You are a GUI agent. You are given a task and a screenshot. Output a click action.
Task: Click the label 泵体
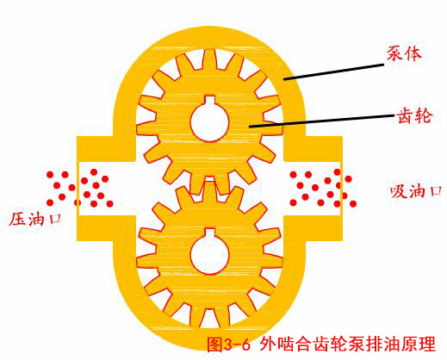pyautogui.click(x=404, y=53)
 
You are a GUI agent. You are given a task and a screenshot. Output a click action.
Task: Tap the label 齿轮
pyautogui.click(x=414, y=116)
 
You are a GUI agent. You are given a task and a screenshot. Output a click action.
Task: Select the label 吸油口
pyautogui.click(x=416, y=191)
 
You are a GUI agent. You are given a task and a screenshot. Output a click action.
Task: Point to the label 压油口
pyautogui.click(x=35, y=220)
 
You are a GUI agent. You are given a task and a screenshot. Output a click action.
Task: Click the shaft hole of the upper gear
pyautogui.click(x=209, y=121)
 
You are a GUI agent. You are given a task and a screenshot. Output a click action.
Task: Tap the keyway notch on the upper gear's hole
pyautogui.click(x=210, y=100)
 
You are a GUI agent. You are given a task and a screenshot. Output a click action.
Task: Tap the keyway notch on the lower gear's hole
pyautogui.click(x=210, y=233)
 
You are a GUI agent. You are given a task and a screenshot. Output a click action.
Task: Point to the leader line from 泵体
pyautogui.click(x=333, y=71)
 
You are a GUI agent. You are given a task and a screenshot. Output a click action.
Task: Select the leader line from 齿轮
pyautogui.click(x=321, y=121)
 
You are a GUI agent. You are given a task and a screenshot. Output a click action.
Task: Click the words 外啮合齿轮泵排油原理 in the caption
pyautogui.click(x=347, y=344)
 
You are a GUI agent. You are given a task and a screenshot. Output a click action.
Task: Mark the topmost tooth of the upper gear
pyautogui.click(x=209, y=59)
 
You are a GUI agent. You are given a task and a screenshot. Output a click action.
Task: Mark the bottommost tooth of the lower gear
pyautogui.click(x=210, y=318)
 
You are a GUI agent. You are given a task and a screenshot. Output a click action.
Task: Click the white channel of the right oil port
pyautogui.click(x=312, y=189)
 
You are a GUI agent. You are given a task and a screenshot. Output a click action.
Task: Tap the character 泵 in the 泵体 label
pyautogui.click(x=394, y=53)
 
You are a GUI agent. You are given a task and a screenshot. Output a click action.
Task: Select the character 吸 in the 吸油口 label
pyautogui.click(x=399, y=191)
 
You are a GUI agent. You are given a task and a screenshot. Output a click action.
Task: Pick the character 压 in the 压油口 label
pyautogui.click(x=17, y=220)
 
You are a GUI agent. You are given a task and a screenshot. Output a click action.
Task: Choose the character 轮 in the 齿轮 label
pyautogui.click(x=423, y=116)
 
